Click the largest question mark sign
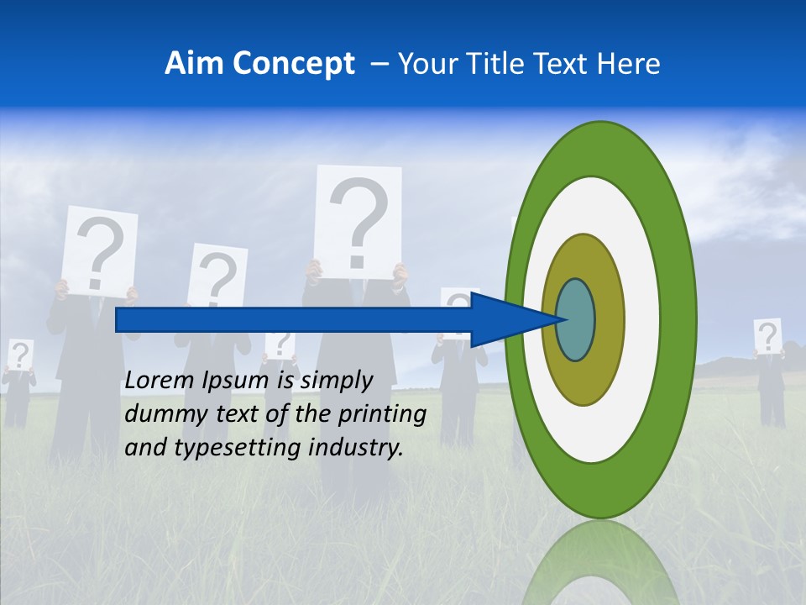[358, 221]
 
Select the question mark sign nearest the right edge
[767, 336]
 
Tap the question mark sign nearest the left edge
[21, 355]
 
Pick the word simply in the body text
[336, 381]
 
